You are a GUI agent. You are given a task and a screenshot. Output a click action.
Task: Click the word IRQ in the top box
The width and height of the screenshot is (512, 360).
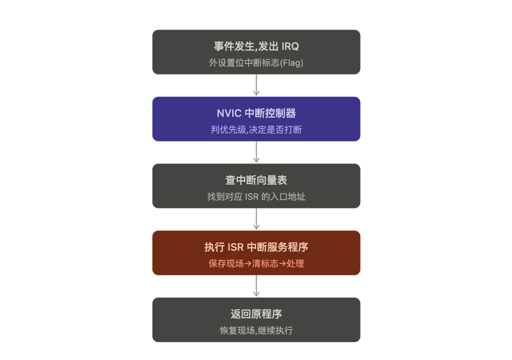[290, 46]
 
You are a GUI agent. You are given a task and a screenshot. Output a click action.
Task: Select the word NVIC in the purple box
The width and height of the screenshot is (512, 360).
[229, 113]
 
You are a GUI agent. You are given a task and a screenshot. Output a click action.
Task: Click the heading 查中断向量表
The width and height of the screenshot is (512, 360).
[256, 180]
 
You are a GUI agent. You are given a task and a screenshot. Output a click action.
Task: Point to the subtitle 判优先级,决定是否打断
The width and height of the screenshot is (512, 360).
[256, 130]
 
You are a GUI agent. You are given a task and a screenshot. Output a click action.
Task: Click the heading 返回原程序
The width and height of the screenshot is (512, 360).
[256, 314]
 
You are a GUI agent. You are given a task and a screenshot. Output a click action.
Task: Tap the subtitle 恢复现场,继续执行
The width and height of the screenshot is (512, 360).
[256, 331]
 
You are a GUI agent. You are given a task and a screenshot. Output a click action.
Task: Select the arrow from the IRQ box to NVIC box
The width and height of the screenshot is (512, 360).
[256, 85]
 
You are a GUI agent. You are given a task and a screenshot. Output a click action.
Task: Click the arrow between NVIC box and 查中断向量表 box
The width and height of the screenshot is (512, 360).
[256, 152]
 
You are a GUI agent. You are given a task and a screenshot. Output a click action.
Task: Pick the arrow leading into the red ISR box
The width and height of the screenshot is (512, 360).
[256, 219]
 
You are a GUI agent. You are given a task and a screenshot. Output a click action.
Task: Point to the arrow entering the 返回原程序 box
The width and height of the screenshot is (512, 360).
[256, 286]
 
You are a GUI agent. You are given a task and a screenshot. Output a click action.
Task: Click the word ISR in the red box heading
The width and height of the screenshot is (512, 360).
[236, 247]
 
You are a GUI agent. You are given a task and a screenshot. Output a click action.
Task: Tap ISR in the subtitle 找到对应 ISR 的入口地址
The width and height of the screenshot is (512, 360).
[252, 197]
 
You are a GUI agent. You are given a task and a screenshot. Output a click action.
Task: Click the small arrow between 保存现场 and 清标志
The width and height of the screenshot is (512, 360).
[248, 264]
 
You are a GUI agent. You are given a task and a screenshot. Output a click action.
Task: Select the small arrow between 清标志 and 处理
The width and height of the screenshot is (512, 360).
[282, 264]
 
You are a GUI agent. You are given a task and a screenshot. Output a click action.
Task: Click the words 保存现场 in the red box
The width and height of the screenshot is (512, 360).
[226, 264]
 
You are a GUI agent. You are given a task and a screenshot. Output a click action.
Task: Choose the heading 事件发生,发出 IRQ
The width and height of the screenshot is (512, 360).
[256, 46]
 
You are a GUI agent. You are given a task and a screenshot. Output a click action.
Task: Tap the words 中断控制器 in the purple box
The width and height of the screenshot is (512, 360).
[270, 113]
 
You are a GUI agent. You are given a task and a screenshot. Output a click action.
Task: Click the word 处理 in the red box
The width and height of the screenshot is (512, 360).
[295, 264]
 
